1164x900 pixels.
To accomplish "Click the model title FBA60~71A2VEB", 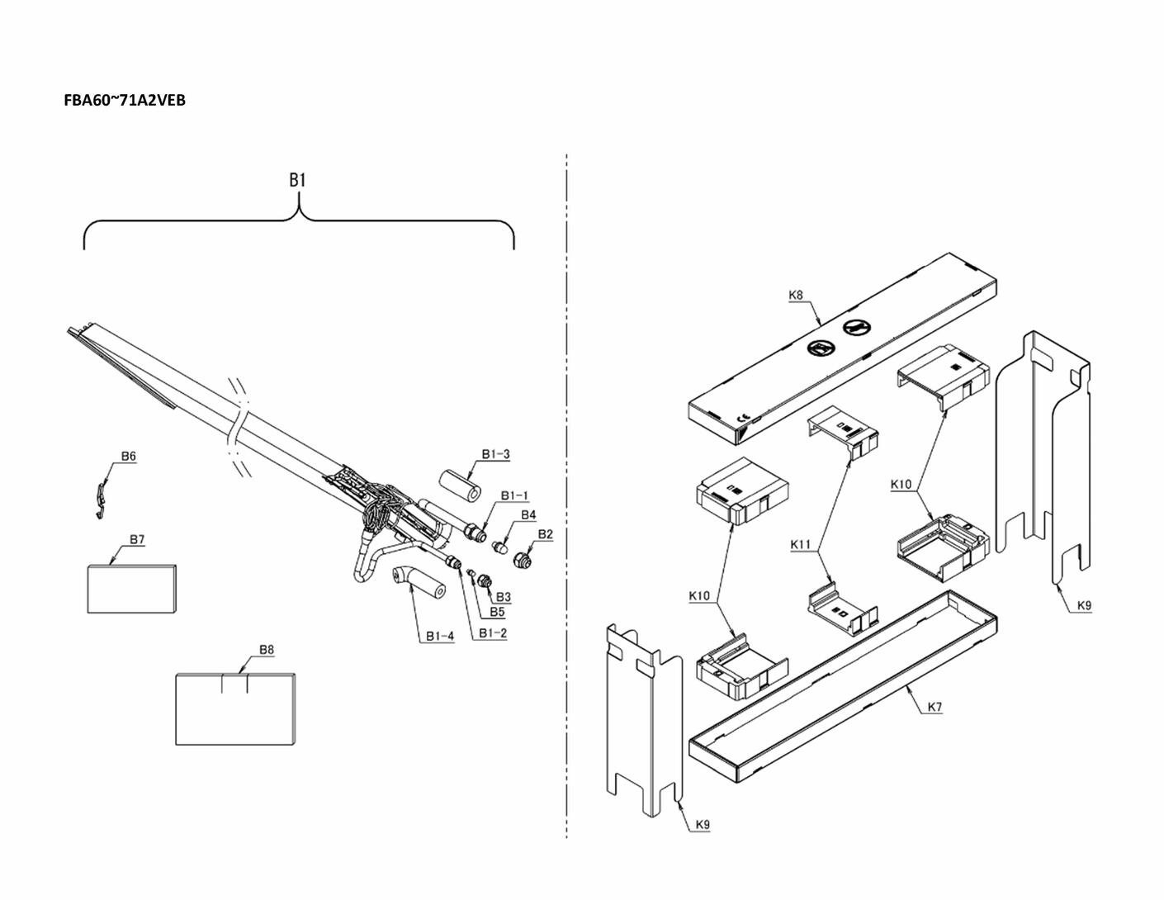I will pyautogui.click(x=125, y=101).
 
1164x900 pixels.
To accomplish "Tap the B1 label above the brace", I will pyautogui.click(x=298, y=180).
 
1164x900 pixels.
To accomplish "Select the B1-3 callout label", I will pyautogui.click(x=495, y=454).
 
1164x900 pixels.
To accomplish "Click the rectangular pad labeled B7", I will pyautogui.click(x=131, y=588).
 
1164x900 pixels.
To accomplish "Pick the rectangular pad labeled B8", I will pyautogui.click(x=235, y=709).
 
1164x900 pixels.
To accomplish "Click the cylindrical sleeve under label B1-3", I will pyautogui.click(x=459, y=487).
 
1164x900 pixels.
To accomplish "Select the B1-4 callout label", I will pyautogui.click(x=440, y=636).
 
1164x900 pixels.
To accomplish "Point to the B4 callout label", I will pyautogui.click(x=528, y=515).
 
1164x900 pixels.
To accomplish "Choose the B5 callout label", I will pyautogui.click(x=497, y=612).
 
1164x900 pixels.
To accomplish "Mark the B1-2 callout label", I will pyautogui.click(x=493, y=633).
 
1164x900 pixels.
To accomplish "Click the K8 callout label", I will pyautogui.click(x=796, y=295).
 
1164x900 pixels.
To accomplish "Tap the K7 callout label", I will pyautogui.click(x=935, y=707).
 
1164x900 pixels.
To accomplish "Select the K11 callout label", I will pyautogui.click(x=802, y=544).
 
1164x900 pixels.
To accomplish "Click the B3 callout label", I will pyautogui.click(x=503, y=596).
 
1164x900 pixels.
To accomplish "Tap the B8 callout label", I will pyautogui.click(x=266, y=650).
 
